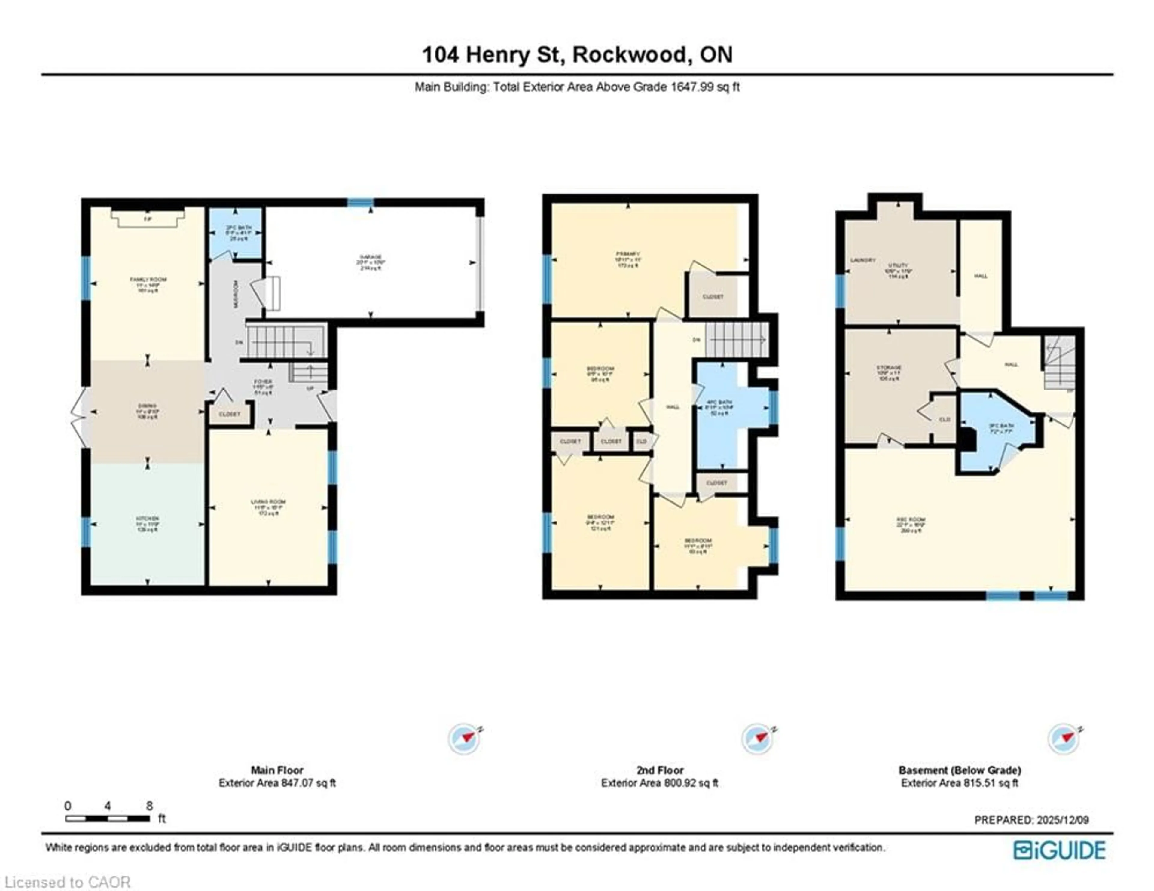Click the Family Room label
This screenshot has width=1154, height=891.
tap(148, 280)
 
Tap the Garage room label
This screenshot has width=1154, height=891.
tap(371, 257)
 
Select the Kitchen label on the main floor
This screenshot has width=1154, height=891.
tap(148, 519)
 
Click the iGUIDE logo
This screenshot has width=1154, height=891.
tap(1059, 850)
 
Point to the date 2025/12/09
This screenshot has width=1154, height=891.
tap(1062, 820)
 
